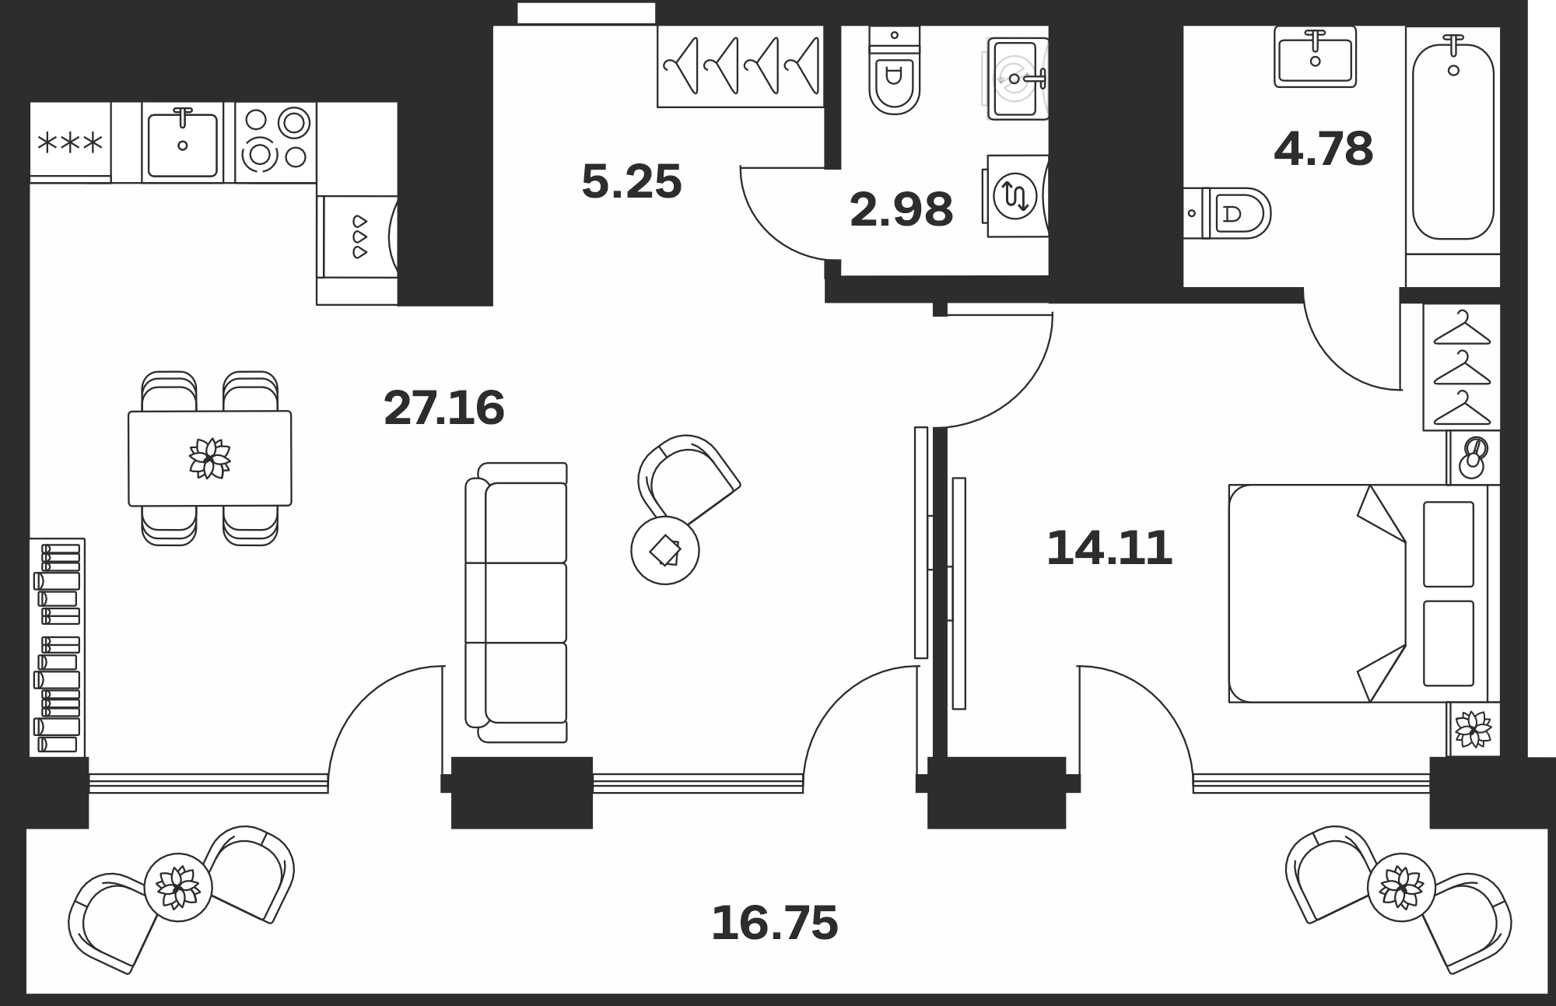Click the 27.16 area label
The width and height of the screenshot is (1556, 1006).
coord(444,408)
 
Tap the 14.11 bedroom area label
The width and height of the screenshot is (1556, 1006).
coord(1109,549)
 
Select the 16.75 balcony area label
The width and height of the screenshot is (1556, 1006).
coord(775,923)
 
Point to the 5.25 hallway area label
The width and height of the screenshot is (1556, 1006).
coord(632,181)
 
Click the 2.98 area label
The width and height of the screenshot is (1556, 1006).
coord(902,210)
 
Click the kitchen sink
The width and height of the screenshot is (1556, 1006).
coord(183,143)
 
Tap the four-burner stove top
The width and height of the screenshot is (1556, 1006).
coord(275,143)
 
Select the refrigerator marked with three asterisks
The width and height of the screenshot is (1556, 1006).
coord(70,142)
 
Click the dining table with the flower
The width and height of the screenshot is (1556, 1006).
coord(210,458)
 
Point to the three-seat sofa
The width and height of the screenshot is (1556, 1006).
coord(517,603)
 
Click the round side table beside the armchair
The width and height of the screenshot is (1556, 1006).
coord(665,550)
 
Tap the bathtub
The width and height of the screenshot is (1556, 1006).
coord(1453,142)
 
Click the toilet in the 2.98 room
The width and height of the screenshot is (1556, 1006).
coord(894,70)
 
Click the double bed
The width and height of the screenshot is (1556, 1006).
coord(1358,594)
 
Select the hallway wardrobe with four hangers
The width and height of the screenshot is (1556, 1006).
coord(740,66)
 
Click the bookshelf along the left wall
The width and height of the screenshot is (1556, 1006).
coord(58,647)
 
